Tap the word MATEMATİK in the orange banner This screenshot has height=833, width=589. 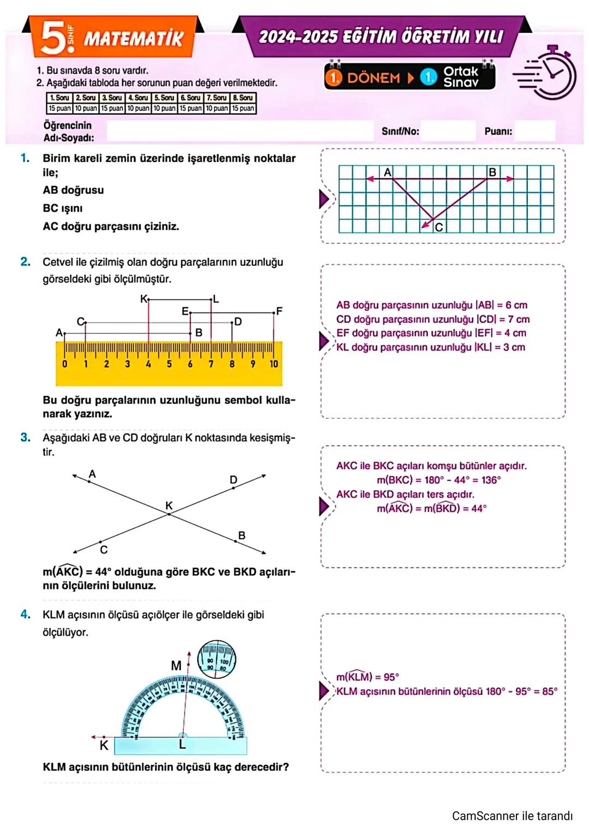[133, 39]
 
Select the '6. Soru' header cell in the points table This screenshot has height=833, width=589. [190, 98]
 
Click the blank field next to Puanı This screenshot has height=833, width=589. [534, 131]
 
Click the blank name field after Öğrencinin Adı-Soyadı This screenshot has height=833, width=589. [240, 131]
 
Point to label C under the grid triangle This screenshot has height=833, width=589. [438, 227]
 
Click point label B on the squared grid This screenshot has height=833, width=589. [492, 172]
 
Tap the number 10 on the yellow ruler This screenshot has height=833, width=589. [273, 364]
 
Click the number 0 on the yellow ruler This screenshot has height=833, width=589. [65, 364]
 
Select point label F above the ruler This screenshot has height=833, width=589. [279, 311]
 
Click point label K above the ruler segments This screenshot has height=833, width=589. [143, 299]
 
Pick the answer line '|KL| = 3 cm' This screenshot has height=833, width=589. [431, 347]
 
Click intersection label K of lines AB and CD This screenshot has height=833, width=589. [169, 506]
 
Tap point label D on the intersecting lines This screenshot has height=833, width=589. [233, 480]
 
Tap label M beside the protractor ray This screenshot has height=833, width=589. [176, 665]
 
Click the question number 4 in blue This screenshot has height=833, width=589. [25, 614]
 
